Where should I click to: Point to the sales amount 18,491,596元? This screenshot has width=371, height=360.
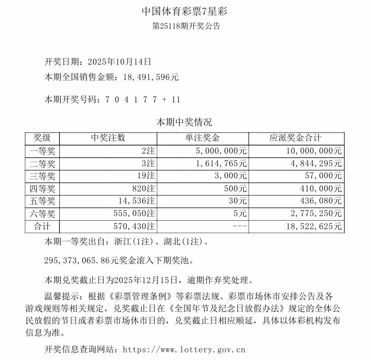(x=150, y=77)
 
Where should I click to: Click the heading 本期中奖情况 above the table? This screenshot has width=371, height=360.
(x=184, y=122)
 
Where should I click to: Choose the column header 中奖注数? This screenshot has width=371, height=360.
(x=108, y=138)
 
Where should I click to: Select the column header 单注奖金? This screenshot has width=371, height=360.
(x=203, y=138)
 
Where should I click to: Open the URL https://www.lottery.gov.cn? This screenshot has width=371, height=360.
(x=184, y=349)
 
